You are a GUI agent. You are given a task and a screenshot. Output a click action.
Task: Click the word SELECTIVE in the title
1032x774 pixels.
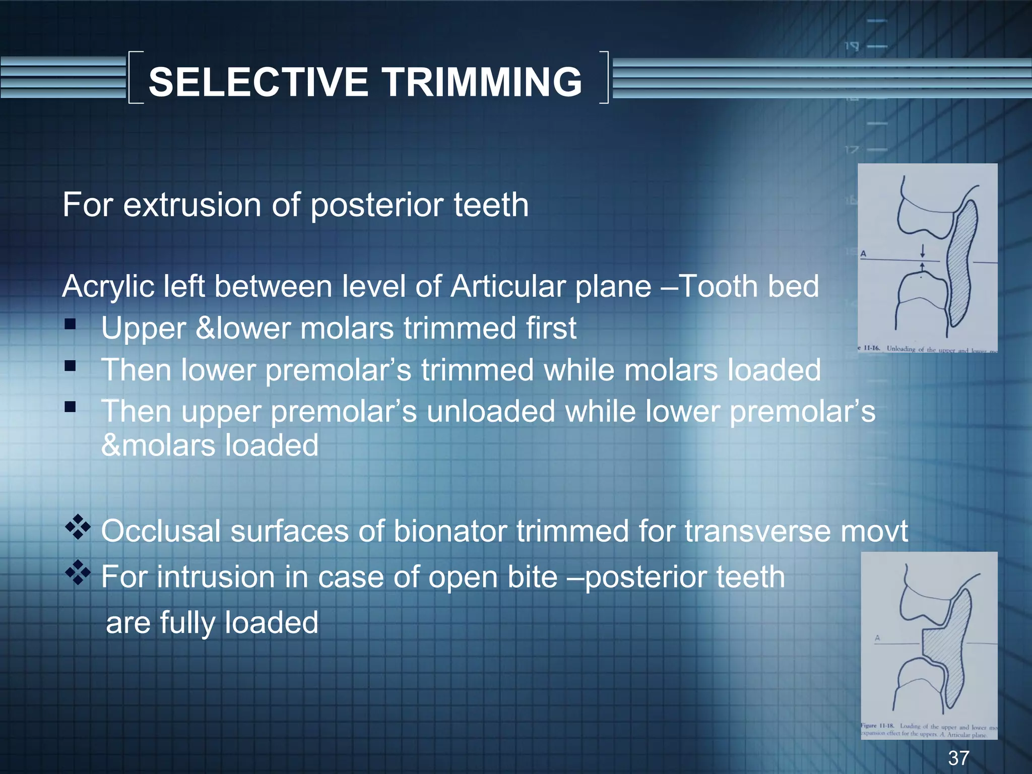258,82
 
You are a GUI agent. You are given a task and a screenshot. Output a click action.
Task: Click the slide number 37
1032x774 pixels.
958,757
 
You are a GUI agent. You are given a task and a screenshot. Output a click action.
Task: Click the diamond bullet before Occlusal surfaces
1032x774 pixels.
78,527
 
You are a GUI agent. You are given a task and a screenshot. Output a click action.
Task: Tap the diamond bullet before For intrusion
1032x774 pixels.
78,572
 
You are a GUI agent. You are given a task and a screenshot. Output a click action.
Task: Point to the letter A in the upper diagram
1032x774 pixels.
863,254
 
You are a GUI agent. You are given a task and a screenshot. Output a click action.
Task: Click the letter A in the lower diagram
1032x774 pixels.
877,638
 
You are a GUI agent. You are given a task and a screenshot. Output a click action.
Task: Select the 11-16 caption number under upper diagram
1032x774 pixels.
872,348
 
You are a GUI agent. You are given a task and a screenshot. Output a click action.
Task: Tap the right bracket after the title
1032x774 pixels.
604,78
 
